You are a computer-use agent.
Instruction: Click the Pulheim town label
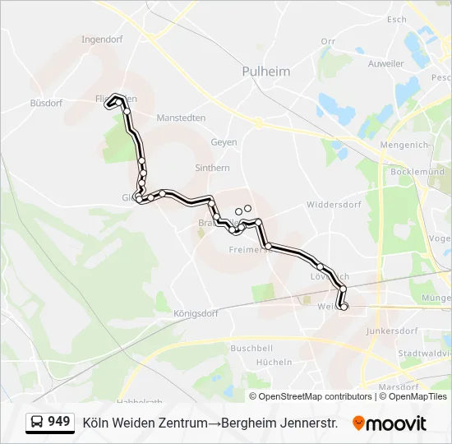(x=266, y=72)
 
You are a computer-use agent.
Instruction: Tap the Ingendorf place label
(x=103, y=39)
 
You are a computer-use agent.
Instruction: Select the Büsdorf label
(x=46, y=104)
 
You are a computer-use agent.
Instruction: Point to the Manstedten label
(x=181, y=118)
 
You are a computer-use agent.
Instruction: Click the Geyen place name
(x=224, y=142)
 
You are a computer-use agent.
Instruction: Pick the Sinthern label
(x=212, y=168)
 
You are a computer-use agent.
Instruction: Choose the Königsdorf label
(x=196, y=313)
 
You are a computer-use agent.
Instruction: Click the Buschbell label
(x=251, y=348)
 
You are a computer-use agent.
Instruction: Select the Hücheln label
(x=274, y=362)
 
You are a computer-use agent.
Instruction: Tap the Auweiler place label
(x=386, y=63)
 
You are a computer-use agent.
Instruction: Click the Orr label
(x=329, y=41)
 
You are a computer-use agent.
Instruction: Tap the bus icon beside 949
(x=37, y=423)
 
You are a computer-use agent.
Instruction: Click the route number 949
(x=59, y=422)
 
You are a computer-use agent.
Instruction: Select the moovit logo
(x=390, y=423)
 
